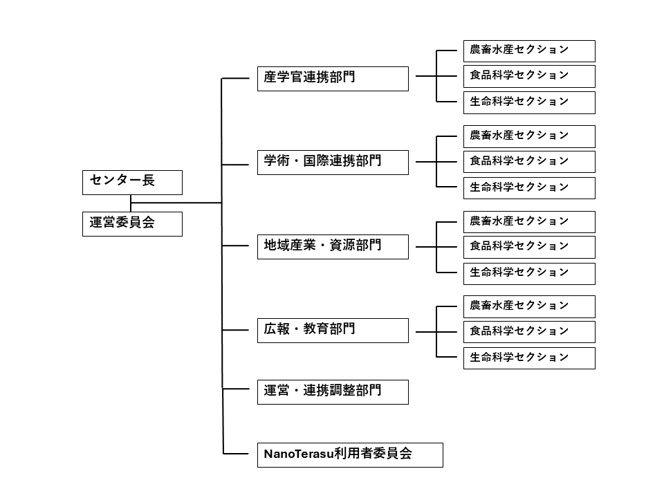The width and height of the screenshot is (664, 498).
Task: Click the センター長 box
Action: [x=132, y=183]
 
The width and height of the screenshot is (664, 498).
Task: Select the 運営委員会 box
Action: [x=132, y=224]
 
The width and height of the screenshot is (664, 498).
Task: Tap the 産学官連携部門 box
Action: [x=333, y=79]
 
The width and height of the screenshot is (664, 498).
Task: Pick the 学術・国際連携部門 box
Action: [x=333, y=162]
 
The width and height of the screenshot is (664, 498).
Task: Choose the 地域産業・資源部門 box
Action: [x=333, y=247]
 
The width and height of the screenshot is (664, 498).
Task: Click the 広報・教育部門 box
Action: [x=333, y=331]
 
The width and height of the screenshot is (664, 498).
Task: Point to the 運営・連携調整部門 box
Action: [x=333, y=392]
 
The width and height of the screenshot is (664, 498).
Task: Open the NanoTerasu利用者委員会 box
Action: [x=350, y=455]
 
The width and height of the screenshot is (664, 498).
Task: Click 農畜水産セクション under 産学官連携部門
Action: [x=529, y=51]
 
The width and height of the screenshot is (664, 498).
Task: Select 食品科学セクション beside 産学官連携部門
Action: [x=529, y=77]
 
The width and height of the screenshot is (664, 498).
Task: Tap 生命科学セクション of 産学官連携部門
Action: [x=529, y=102]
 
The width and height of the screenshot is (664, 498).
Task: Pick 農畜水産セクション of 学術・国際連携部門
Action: [x=529, y=136]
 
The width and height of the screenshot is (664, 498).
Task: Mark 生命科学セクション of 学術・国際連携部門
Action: [x=529, y=188]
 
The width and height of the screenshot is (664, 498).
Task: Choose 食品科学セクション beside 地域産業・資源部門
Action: [x=529, y=248]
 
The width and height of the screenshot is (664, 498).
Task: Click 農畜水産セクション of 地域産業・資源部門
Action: [x=529, y=222]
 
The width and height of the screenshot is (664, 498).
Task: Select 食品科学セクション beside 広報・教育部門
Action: [x=529, y=332]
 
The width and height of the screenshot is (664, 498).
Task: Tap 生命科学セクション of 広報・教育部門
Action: [x=529, y=358]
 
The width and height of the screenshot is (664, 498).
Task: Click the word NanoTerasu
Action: [x=299, y=454]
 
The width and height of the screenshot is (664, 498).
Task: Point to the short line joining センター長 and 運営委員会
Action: [x=131, y=203]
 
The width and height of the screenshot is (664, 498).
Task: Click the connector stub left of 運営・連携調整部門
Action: [x=235, y=388]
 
